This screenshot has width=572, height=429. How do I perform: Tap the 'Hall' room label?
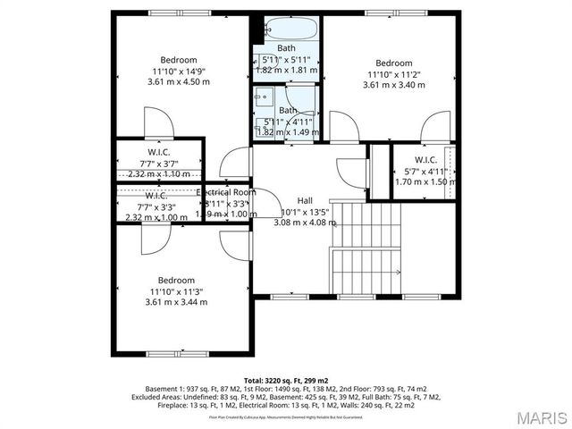(x=305, y=200)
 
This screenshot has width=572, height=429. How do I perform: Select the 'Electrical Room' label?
(x=226, y=192)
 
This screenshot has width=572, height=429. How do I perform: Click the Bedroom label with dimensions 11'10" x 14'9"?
(x=172, y=59)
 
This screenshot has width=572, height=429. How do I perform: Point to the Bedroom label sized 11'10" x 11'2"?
(x=393, y=63)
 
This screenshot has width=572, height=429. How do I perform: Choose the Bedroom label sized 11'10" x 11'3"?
(x=176, y=280)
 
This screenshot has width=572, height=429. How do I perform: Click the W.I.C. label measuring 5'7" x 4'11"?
(x=425, y=160)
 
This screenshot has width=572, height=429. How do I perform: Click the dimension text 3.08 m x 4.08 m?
(x=306, y=223)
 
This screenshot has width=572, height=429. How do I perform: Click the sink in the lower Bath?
(x=263, y=95)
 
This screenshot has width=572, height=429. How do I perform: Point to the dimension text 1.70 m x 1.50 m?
(x=425, y=181)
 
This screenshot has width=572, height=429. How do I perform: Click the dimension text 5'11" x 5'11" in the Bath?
(x=287, y=59)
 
